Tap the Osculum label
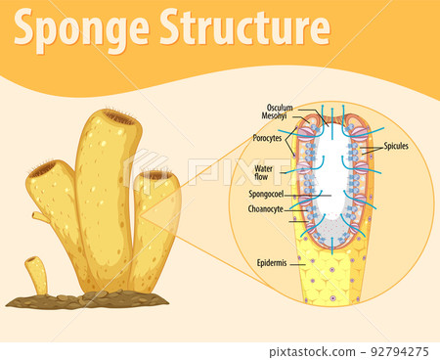280,108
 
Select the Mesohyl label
280,116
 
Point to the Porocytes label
267,138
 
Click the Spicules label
396,147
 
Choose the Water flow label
269,173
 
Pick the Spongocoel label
266,194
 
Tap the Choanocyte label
266,207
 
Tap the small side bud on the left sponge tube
38,216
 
